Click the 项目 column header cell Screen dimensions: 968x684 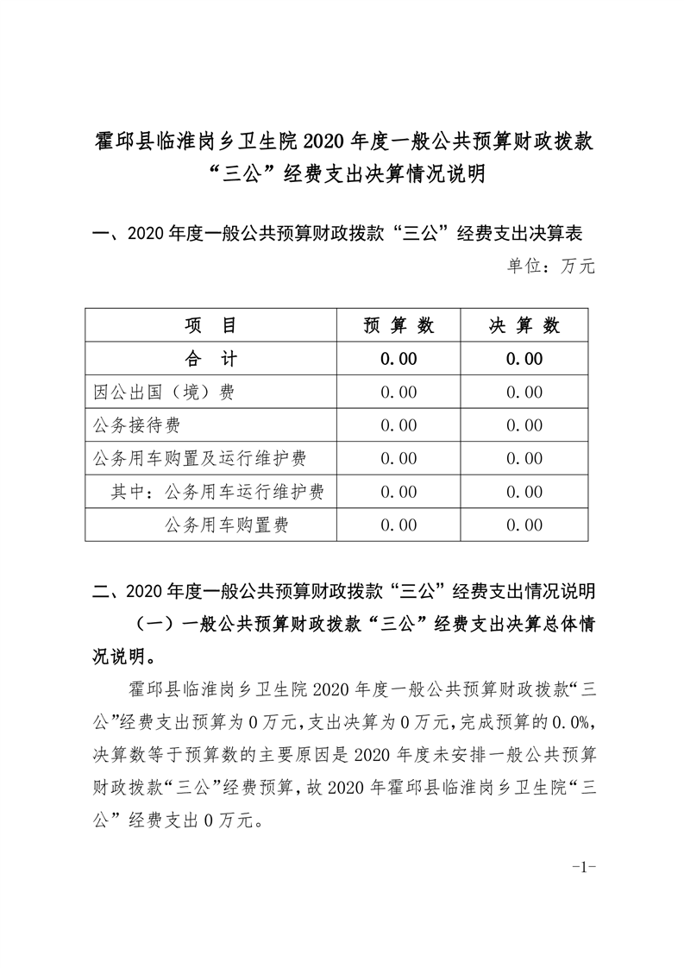pos(211,326)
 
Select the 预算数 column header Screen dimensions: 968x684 pos(398,326)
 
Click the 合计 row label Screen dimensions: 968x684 pos(211,359)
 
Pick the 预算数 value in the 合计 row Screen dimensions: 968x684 pos(398,359)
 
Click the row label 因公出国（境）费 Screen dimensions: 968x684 pos(164,393)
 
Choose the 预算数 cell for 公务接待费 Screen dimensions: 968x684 pos(398,425)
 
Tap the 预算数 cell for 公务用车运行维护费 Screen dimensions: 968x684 pos(398,492)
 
